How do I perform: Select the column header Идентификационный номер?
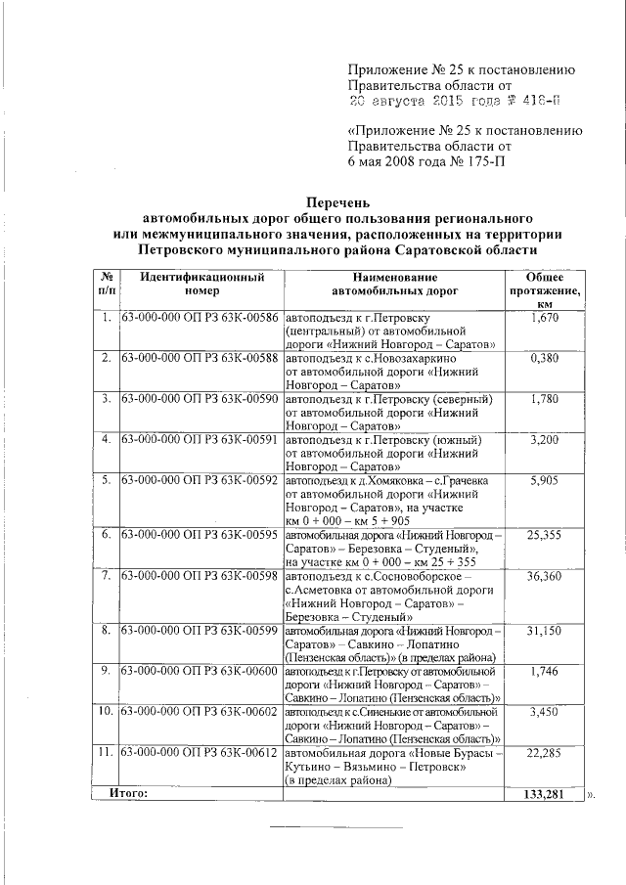[201, 285]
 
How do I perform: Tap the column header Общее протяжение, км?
[544, 291]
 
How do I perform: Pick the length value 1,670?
[543, 319]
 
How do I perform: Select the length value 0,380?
[543, 359]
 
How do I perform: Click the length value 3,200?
[543, 440]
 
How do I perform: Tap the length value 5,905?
[543, 480]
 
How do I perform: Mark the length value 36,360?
[543, 577]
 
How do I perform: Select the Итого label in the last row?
[129, 793]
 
